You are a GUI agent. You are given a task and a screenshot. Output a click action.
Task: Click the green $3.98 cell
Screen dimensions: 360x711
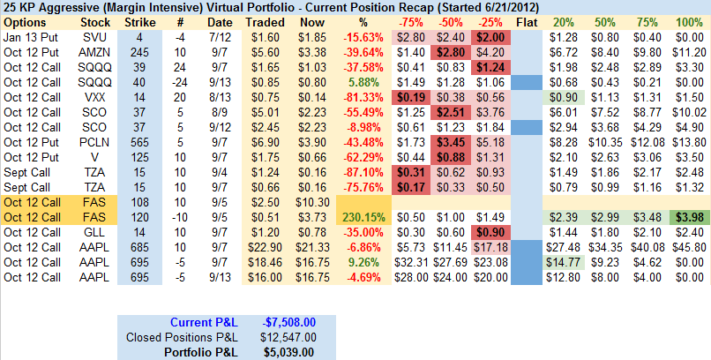point(689,216)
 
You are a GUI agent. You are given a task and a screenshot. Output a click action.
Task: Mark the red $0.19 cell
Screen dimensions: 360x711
point(409,96)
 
